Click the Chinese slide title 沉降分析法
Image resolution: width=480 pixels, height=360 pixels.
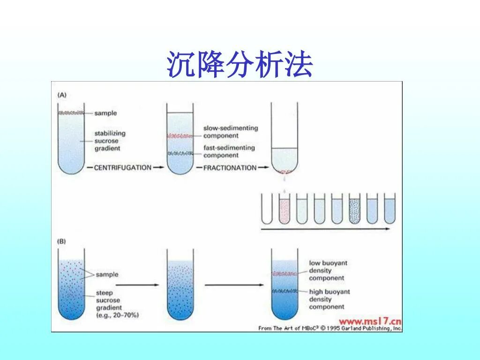click(240, 65)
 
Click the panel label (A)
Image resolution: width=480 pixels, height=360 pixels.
click(62, 95)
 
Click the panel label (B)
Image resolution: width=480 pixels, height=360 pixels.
click(62, 242)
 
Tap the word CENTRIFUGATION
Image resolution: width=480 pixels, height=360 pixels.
click(122, 167)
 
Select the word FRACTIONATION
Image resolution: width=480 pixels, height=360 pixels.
click(230, 167)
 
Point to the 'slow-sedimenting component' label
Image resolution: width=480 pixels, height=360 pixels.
click(230, 132)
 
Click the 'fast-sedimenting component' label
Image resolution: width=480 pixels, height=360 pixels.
click(229, 151)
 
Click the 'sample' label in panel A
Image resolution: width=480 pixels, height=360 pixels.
click(105, 113)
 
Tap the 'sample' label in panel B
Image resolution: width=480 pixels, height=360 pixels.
click(107, 274)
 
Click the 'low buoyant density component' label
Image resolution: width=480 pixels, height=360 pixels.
click(328, 270)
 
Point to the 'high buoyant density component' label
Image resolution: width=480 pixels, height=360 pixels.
click(329, 299)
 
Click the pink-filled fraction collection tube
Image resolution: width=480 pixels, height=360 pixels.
click(285, 209)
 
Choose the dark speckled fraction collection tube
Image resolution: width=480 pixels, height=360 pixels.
click(355, 209)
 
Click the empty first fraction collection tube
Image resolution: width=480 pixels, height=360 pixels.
click(267, 209)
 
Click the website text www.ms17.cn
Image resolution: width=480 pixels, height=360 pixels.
click(370, 321)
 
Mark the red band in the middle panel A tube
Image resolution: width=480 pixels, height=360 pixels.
click(180, 136)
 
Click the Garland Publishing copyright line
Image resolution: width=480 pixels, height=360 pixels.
click(330, 328)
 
